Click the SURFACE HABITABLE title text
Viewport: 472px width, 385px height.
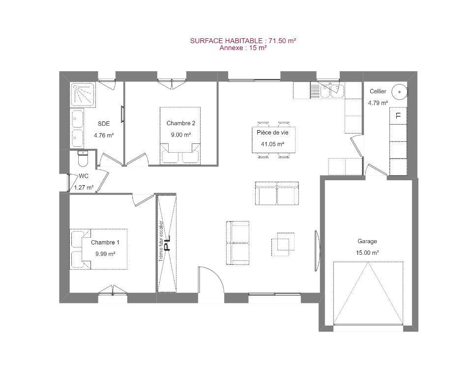243,41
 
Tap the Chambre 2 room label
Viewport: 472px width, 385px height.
180,123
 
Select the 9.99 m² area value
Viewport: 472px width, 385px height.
105,254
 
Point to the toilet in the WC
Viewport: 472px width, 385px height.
83,159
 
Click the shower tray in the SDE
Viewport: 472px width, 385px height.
84,95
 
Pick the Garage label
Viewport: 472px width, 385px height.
367,241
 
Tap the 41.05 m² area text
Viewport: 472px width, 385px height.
273,144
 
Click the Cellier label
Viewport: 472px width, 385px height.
378,91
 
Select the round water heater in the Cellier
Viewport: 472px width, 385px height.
399,92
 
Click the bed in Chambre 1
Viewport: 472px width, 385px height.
98,249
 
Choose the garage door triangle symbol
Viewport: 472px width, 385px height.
368,293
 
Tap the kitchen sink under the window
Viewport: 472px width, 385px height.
332,90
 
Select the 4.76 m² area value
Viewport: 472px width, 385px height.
104,135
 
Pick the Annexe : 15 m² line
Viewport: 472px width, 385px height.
243,48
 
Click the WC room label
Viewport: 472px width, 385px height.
83,176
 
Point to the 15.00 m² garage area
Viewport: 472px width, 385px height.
367,253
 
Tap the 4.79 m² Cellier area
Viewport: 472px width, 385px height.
378,103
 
